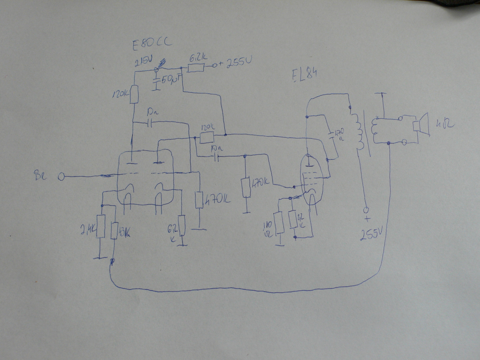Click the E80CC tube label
tap(152, 44)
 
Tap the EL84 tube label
tap(305, 75)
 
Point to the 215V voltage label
tap(143, 62)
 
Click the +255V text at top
tap(235, 63)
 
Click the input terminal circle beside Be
tap(61, 176)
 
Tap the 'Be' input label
tap(40, 175)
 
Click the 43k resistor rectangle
tap(114, 231)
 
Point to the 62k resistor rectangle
tap(181, 225)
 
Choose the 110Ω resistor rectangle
tap(280, 222)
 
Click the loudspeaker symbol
tap(422, 124)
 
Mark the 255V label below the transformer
tap(371, 233)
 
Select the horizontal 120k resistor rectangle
tap(207, 137)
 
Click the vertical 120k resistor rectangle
tap(134, 95)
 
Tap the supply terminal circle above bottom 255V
tap(366, 210)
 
